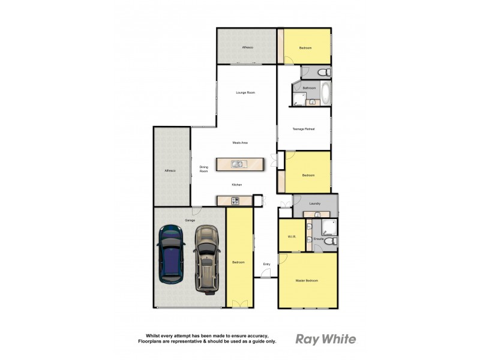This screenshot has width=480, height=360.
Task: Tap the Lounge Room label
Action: (246, 92)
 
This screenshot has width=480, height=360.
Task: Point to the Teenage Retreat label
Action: (304, 129)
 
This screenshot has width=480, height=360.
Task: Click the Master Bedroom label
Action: (307, 281)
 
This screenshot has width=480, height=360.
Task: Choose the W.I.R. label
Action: (292, 236)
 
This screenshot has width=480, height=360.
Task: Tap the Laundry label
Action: (315, 204)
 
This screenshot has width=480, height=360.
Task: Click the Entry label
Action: (266, 263)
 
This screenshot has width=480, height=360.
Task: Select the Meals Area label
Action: (241, 143)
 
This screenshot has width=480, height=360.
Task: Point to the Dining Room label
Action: (204, 169)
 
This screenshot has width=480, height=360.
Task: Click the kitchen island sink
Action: (238, 164)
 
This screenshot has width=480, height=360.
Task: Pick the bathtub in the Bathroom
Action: (325, 94)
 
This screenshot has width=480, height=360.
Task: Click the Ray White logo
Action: (326, 339)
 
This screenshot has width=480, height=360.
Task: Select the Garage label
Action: (190, 220)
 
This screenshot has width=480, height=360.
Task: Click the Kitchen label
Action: (237, 185)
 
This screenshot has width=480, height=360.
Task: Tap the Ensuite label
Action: (319, 239)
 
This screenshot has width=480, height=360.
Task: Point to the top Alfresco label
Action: (247, 47)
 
